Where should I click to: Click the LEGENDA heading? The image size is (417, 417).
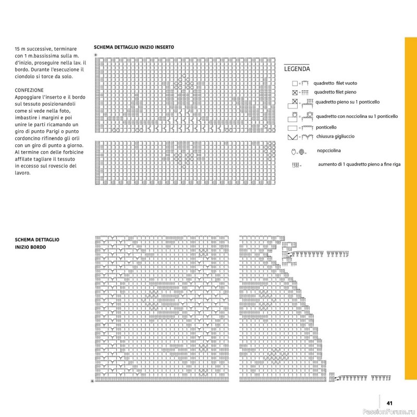click(297, 69)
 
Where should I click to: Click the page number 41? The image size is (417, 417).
click(389, 402)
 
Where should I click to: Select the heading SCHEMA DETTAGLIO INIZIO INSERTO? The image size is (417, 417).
click(134, 47)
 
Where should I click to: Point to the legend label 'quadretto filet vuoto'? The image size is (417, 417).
click(336, 83)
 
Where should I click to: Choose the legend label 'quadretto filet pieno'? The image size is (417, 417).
click(335, 92)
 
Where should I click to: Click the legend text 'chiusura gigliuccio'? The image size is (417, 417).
click(335, 137)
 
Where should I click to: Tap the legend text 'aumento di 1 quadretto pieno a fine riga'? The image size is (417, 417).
click(359, 164)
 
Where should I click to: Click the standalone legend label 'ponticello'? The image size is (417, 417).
click(326, 127)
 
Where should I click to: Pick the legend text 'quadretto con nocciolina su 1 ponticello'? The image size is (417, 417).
click(357, 116)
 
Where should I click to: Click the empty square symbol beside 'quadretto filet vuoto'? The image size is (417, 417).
click(295, 83)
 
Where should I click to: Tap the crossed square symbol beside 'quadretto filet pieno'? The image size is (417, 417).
click(295, 93)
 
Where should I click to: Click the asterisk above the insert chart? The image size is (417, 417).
click(95, 54)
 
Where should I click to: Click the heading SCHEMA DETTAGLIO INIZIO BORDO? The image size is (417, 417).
click(37, 243)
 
